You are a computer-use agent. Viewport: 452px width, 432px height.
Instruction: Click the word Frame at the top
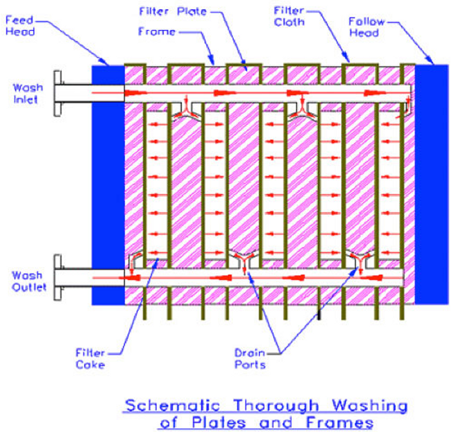[x=157, y=31]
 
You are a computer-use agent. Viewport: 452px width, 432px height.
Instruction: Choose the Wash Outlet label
[x=29, y=282]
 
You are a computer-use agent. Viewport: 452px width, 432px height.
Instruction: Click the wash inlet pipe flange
[x=58, y=94]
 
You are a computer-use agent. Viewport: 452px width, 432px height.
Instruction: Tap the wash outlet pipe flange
[x=58, y=278]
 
